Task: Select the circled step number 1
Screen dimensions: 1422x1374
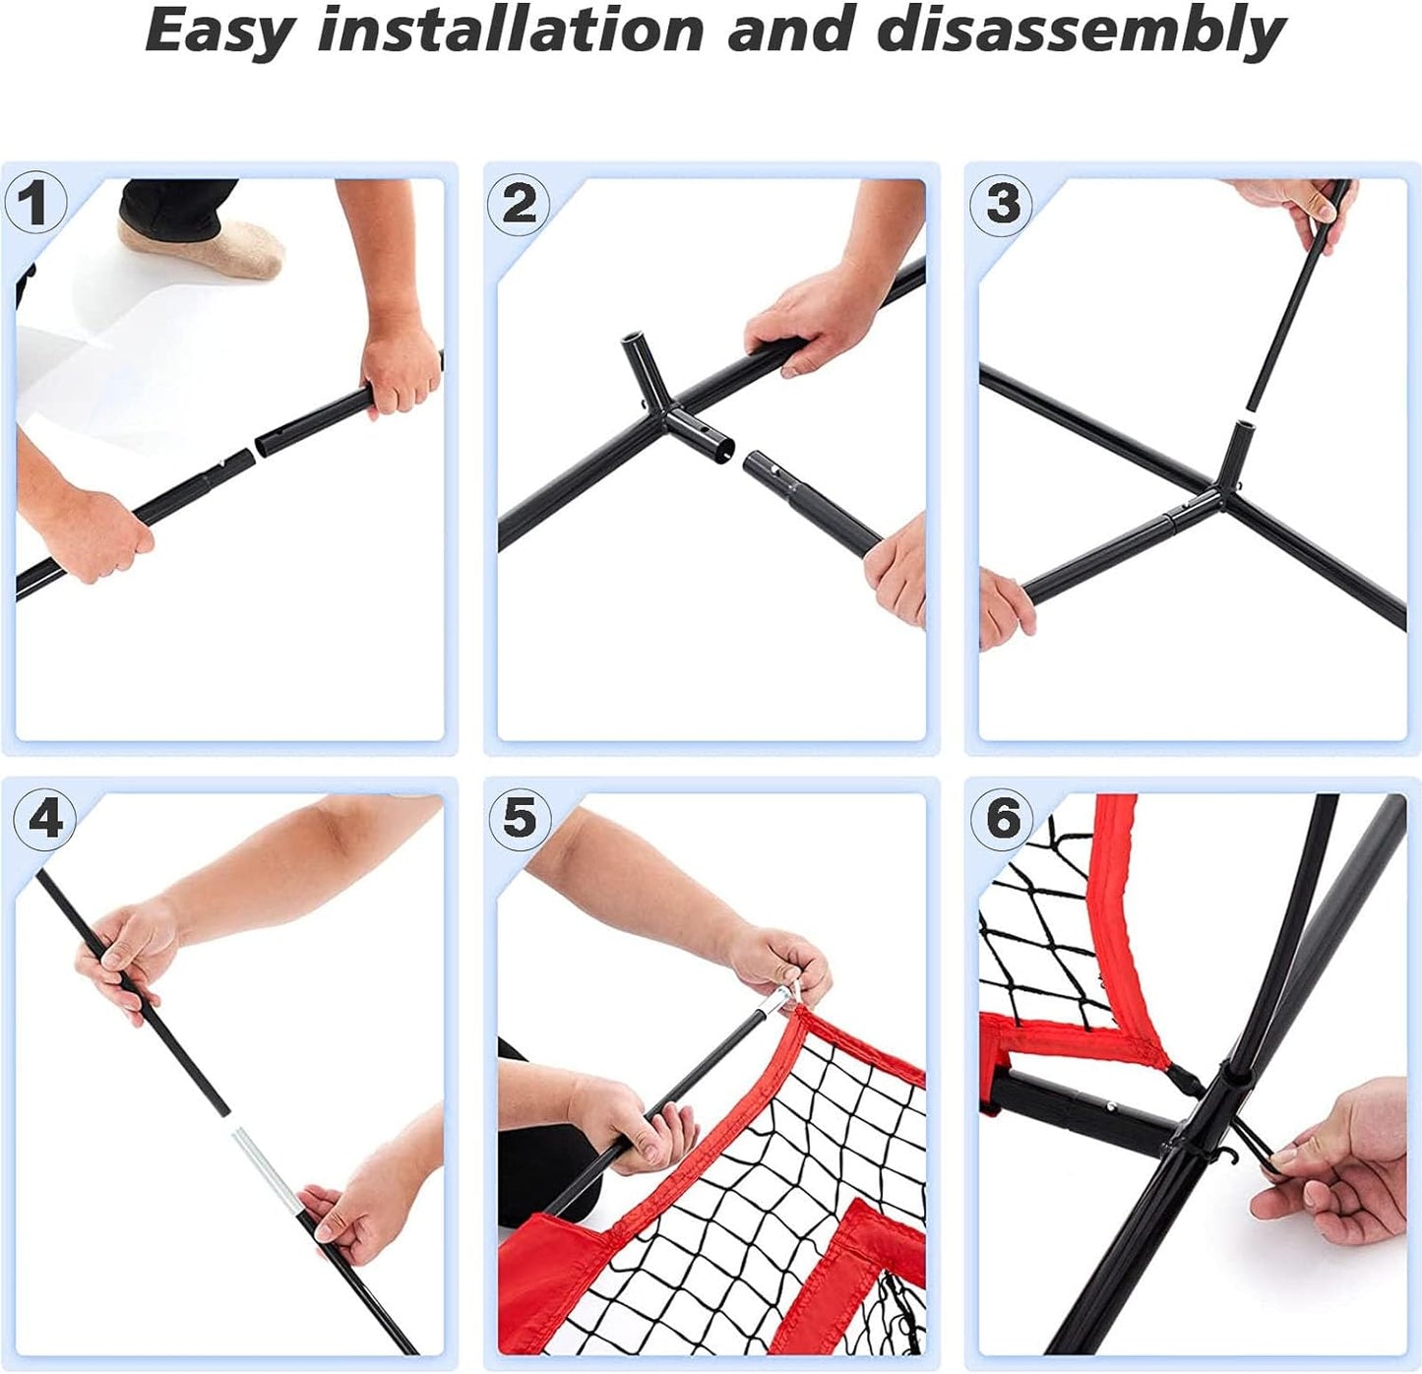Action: pos(34,203)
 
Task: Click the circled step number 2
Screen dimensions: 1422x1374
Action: pos(518,203)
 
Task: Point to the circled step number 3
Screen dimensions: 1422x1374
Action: pos(1001,203)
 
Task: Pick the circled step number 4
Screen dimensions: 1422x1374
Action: pos(44,819)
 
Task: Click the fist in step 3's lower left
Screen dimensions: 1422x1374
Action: pos(1005,610)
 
